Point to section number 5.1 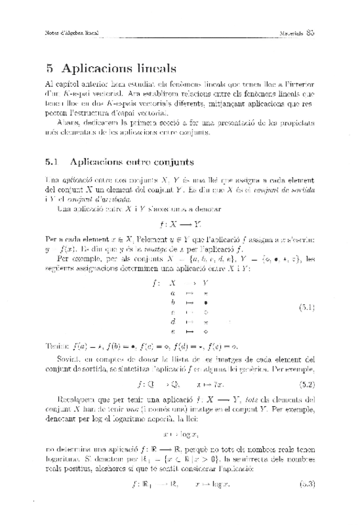52,163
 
